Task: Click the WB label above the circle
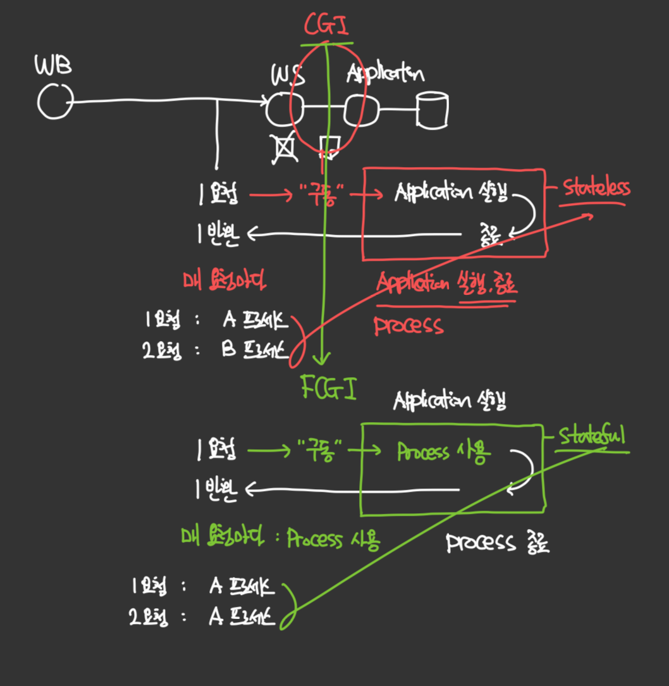point(52,65)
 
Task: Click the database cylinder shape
point(433,111)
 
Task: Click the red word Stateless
point(596,189)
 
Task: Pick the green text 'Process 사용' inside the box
point(443,452)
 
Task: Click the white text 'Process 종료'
point(498,543)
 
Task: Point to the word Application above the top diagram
point(384,75)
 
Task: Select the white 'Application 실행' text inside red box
point(450,192)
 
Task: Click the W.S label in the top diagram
point(289,76)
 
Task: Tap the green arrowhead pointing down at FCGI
point(323,359)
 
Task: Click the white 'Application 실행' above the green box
point(450,401)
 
